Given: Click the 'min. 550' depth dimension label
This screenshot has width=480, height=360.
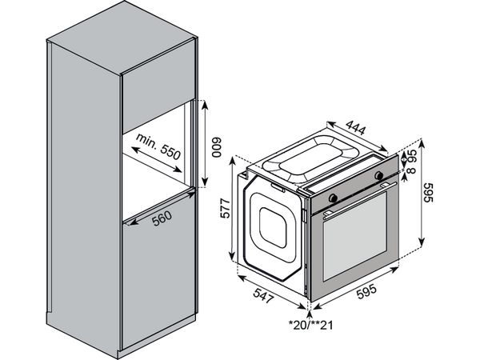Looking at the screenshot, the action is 158,146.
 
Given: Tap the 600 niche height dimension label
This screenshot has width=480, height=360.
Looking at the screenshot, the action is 217,147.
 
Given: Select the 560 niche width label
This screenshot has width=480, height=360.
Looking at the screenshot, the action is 162,218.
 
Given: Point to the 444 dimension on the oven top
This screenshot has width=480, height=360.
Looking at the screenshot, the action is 355,127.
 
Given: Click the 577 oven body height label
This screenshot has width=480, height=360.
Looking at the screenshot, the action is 225,209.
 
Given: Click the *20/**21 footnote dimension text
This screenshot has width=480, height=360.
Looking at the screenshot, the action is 310,325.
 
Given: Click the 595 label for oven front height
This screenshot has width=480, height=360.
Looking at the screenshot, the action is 429,193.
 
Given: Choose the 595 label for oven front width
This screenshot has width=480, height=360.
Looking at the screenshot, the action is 366,290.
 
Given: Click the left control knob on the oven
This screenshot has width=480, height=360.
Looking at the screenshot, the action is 333,198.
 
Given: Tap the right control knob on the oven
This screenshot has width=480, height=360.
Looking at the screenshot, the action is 379,174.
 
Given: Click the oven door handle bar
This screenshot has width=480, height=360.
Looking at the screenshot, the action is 359,199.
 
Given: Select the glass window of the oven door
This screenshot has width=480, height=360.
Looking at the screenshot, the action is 354,236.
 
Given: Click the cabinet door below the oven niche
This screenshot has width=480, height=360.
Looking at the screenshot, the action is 158,266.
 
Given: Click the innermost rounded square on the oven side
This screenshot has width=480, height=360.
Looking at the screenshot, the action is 273,227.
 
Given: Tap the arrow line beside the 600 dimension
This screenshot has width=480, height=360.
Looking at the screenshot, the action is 205,143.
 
